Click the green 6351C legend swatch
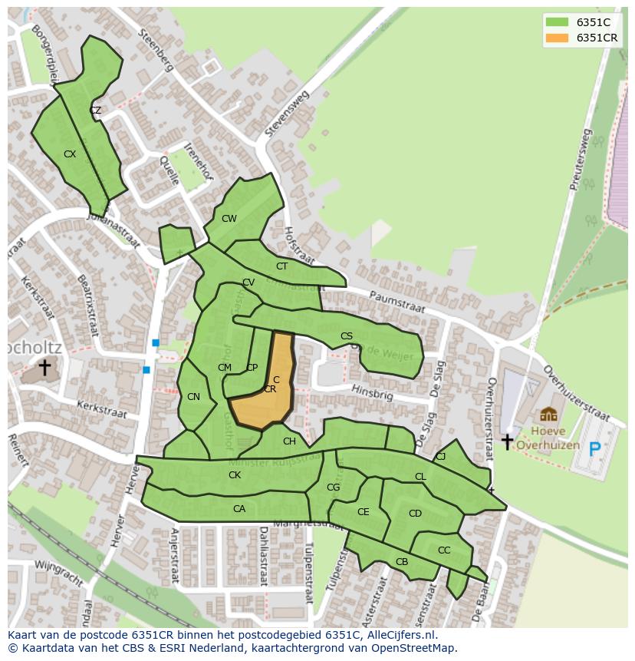557,22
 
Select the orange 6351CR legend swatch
557,38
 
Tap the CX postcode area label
70,154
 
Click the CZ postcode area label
95,111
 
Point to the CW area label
229,219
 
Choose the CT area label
281,266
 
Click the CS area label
347,336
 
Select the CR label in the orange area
270,389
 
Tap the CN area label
193,397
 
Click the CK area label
235,475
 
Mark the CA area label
239,509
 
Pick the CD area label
415,514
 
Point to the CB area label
402,562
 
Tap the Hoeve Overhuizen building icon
548,415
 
